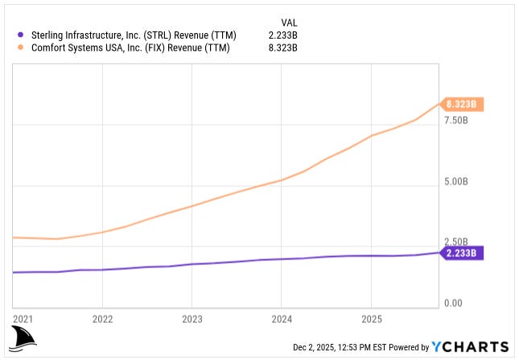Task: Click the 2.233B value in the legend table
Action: pyautogui.click(x=282, y=34)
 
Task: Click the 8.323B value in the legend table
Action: pyautogui.click(x=282, y=48)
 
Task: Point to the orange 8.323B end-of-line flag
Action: pyautogui.click(x=463, y=104)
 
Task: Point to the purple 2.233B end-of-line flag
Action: pyautogui.click(x=463, y=253)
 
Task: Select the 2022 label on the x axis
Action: pyautogui.click(x=102, y=317)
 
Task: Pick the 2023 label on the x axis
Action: pyautogui.click(x=192, y=317)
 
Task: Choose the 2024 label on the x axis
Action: pyautogui.click(x=281, y=317)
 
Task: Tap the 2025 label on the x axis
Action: pyautogui.click(x=370, y=317)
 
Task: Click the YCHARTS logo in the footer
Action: pyautogui.click(x=471, y=347)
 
